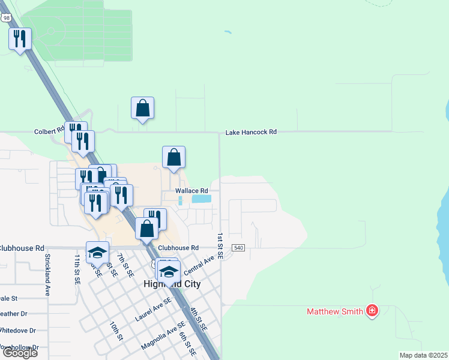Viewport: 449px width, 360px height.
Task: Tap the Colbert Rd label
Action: [49, 131]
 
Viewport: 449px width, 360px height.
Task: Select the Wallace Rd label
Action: [191, 191]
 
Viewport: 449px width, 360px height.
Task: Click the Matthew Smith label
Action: [335, 311]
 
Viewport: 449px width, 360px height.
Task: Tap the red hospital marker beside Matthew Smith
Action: [372, 310]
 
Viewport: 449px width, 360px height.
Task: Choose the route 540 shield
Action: [238, 248]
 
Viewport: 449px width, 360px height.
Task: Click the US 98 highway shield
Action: [7, 18]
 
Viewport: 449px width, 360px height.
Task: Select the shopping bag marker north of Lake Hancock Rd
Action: [143, 108]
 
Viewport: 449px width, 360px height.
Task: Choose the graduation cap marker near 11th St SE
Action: [97, 252]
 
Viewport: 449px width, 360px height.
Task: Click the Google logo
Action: [20, 353]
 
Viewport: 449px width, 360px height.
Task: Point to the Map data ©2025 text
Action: [424, 355]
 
